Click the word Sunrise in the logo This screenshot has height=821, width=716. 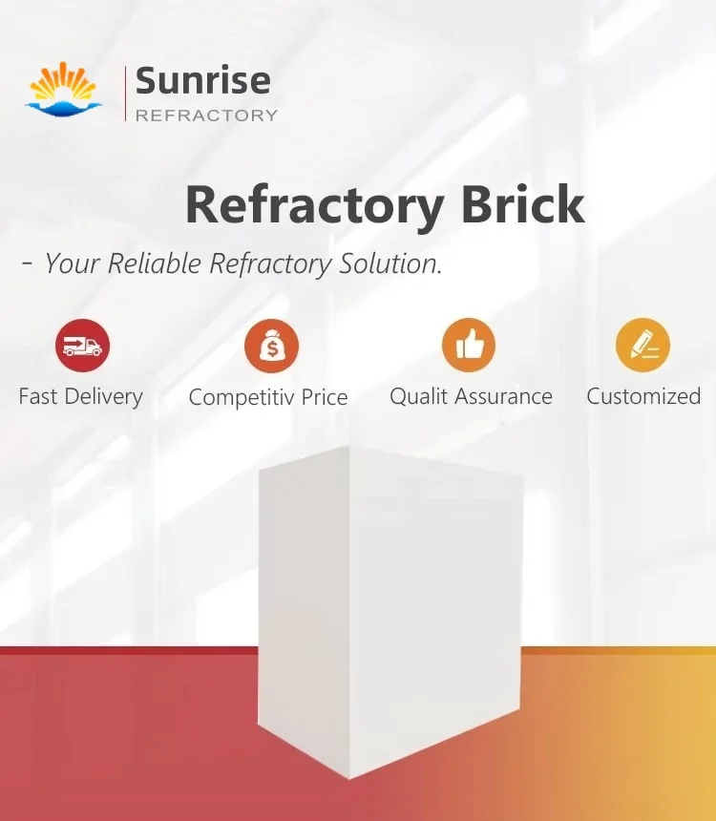(202, 80)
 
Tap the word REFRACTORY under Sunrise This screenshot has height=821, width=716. (206, 116)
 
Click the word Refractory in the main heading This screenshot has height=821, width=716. (314, 204)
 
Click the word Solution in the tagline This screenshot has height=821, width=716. (390, 263)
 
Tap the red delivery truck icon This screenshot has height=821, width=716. (82, 346)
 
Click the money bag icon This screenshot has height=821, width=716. (272, 346)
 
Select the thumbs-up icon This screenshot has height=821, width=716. (469, 346)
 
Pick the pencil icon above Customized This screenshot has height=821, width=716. (642, 346)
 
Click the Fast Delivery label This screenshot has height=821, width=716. (81, 396)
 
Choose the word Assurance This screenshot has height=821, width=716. (503, 396)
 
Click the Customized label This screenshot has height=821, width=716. (643, 396)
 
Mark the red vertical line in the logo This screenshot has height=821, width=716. (126, 94)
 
